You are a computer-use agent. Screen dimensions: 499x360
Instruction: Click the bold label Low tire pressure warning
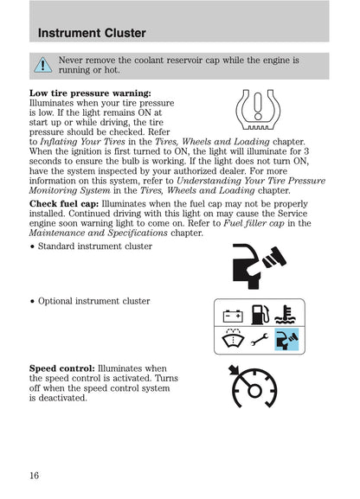[91, 93]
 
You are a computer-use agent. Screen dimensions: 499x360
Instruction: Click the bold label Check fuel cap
[63, 203]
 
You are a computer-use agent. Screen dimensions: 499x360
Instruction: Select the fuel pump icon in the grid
[260, 315]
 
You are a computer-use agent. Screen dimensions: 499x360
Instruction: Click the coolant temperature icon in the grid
[286, 315]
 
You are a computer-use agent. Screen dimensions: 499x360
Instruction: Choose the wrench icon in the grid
[260, 341]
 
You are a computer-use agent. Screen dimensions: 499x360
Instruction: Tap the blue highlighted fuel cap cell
[286, 340]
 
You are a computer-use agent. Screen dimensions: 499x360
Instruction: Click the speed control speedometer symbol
[252, 387]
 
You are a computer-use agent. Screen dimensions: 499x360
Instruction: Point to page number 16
[35, 474]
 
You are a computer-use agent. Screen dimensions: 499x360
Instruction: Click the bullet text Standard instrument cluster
[95, 246]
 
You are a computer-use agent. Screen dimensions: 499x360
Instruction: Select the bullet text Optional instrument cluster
[93, 301]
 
